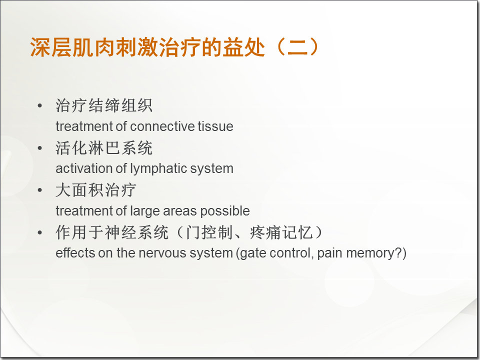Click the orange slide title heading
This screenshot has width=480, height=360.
tap(174, 47)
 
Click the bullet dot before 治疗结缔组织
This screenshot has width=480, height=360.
tap(40, 106)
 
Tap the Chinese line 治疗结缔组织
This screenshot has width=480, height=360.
tap(104, 106)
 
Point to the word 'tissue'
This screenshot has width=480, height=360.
tap(215, 126)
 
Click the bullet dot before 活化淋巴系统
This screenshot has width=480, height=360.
tap(40, 148)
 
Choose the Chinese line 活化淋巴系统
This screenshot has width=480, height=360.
tap(104, 148)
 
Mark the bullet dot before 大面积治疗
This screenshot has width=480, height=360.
tap(40, 190)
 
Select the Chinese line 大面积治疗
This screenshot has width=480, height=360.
tap(95, 190)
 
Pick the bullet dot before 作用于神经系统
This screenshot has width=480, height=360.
tap(40, 233)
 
